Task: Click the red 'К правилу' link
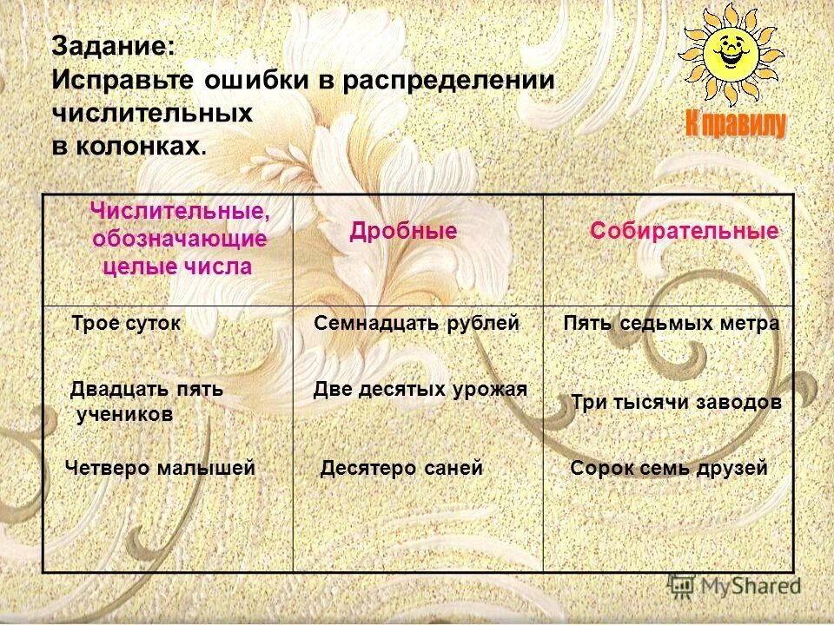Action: [x=736, y=124]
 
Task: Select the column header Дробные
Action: [x=403, y=231]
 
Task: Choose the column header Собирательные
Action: [x=685, y=232]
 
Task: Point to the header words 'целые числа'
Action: [x=177, y=266]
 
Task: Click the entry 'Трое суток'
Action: [x=126, y=323]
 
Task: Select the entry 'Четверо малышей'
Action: [x=160, y=468]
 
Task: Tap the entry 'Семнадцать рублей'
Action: [x=416, y=323]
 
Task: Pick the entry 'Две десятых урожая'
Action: [x=420, y=389]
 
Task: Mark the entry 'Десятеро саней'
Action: [x=400, y=468]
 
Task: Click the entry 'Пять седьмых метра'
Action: [x=671, y=323]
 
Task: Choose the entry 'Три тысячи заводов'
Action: [x=676, y=402]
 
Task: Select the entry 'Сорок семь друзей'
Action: [x=669, y=468]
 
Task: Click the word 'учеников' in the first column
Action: [x=124, y=415]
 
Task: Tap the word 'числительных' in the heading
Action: [x=152, y=113]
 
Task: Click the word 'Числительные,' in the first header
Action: [x=180, y=211]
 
